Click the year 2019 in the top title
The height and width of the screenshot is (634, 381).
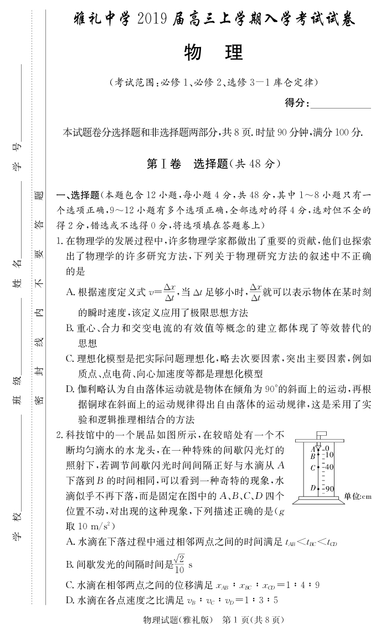point(172,20)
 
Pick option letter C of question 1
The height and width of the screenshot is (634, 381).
point(70,359)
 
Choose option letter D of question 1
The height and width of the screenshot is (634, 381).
point(70,390)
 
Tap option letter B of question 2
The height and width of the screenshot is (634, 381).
point(70,565)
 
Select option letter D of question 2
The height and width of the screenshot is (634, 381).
point(70,600)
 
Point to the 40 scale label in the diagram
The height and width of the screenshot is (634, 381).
point(328,467)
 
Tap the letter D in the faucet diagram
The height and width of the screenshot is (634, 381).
point(313,488)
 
